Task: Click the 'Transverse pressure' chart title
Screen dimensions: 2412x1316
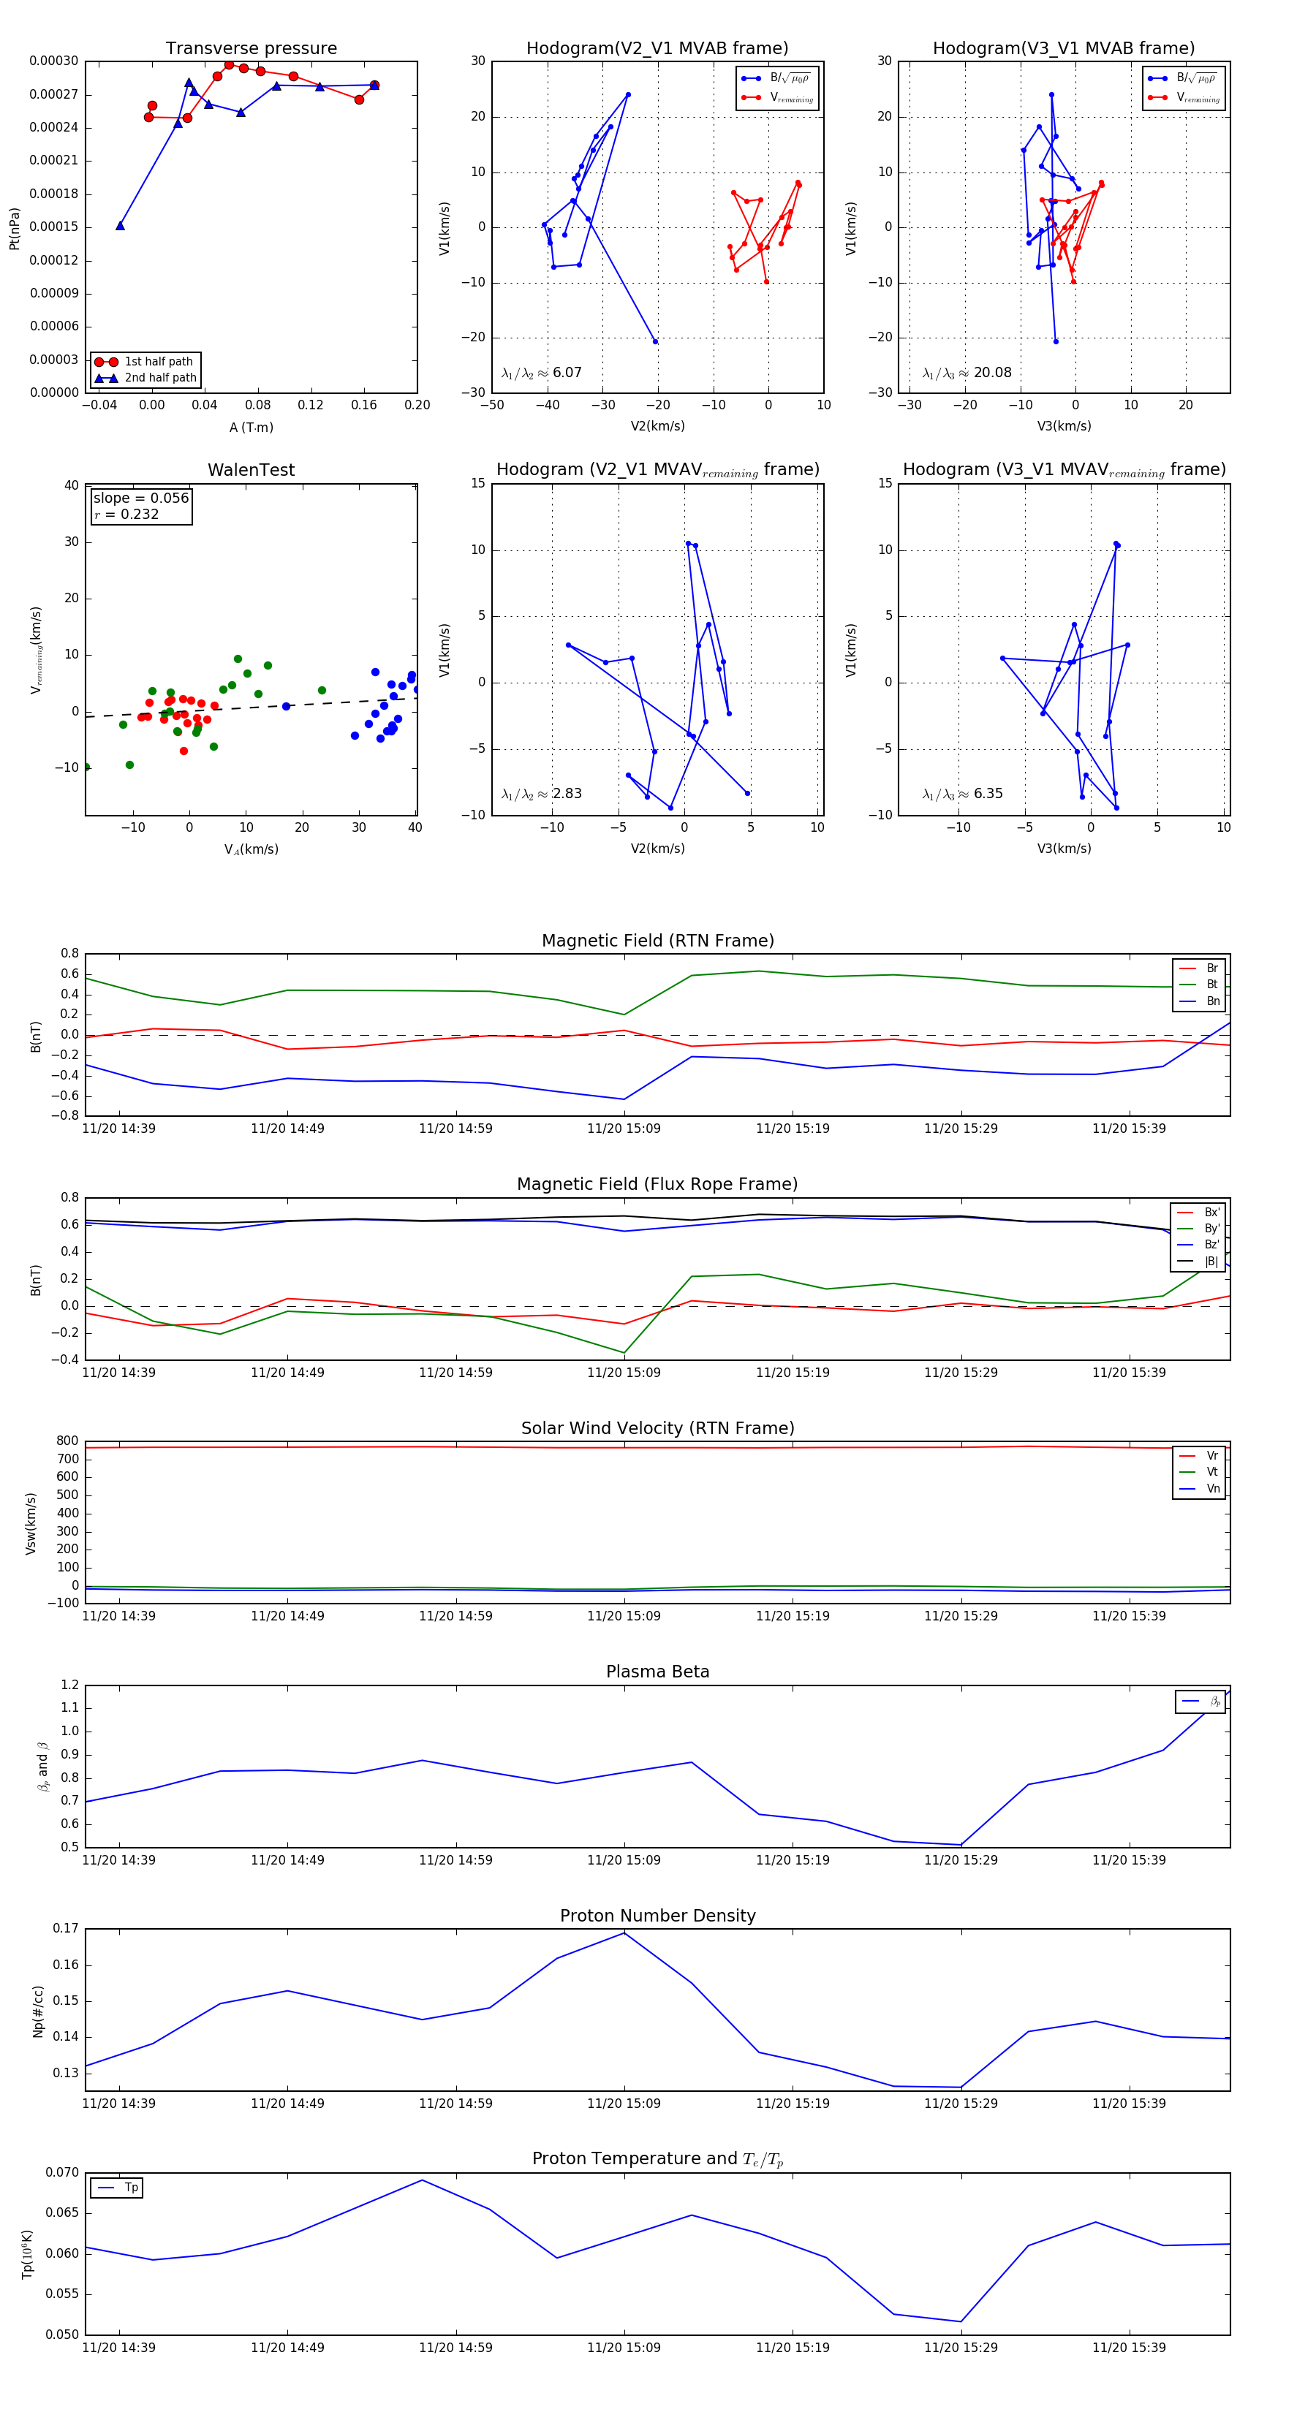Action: click(251, 49)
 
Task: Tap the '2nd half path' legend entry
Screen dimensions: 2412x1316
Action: click(160, 379)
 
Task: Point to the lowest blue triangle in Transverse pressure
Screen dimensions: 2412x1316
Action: click(120, 226)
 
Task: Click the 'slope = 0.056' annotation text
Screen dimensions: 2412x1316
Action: click(140, 498)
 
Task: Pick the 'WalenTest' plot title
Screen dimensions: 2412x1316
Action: click(251, 470)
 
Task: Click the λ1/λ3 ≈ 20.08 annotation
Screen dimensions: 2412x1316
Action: click(967, 373)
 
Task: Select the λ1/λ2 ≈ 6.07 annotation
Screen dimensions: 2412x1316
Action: click(541, 373)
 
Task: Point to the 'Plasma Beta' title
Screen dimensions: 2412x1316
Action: click(657, 1672)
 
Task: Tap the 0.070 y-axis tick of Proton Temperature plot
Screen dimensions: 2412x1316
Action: click(63, 2172)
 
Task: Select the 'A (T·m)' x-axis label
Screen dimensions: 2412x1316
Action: click(251, 428)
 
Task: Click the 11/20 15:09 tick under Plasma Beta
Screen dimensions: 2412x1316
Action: click(624, 1860)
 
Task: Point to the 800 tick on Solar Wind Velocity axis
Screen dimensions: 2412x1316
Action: click(67, 1441)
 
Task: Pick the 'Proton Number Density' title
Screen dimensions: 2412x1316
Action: click(657, 1916)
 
